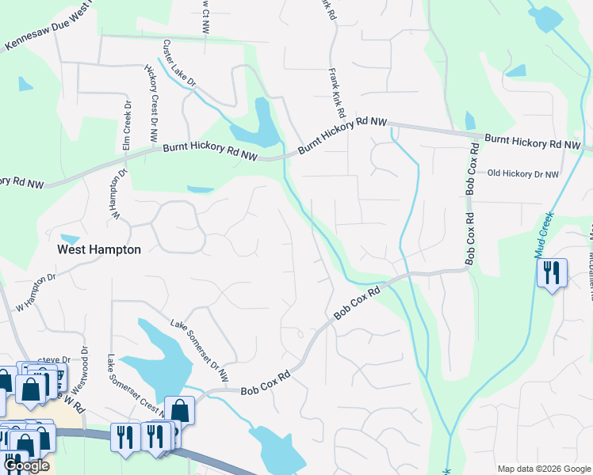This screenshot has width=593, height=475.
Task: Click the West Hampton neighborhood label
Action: pos(99,249)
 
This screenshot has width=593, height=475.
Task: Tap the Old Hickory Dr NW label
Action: pos(522,173)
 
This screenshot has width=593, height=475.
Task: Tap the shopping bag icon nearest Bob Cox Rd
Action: pos(179,411)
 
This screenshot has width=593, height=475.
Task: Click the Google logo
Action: pos(26,465)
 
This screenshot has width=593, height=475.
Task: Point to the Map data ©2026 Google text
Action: pos(544,469)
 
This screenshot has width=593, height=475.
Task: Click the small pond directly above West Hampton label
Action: pos(70,238)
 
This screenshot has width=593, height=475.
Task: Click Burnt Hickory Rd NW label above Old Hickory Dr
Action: pos(532,142)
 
